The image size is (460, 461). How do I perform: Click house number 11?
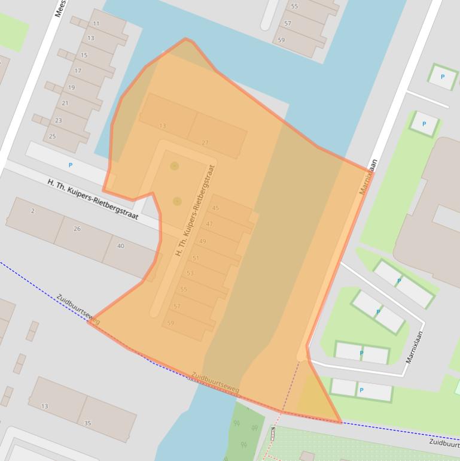[x=96, y=24]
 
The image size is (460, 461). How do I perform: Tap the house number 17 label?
[x=78, y=71]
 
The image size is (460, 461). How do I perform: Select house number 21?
[x=65, y=103]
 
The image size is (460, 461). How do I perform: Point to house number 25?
[x=53, y=137]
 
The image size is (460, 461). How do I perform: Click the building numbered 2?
[x=33, y=211]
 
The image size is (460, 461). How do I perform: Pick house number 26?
[x=77, y=229]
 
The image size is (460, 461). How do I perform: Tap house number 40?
[x=121, y=246]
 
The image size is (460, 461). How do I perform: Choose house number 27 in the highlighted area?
[x=205, y=142]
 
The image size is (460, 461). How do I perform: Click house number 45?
[x=216, y=208]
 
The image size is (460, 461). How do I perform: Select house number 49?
[x=203, y=241]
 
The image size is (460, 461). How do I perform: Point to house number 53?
[x=190, y=273]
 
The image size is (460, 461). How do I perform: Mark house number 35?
[x=87, y=423]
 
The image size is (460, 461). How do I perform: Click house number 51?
[x=196, y=258]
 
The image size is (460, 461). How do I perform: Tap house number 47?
[x=209, y=224]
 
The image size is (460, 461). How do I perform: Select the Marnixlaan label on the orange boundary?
[x=369, y=177]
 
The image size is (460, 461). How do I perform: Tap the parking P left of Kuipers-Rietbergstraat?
[x=71, y=165]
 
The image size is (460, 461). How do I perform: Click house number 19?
[x=72, y=87]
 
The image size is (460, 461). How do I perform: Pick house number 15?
[x=84, y=55]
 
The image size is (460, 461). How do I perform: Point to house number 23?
[x=59, y=120]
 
